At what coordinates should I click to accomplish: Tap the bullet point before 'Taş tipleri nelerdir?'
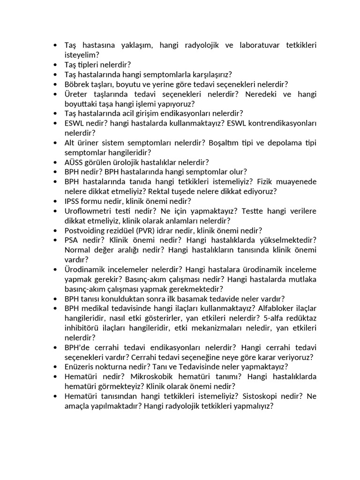pos(55,65)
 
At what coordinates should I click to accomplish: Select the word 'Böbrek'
pos(76,84)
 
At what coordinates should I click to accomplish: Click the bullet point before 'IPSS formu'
pos(55,202)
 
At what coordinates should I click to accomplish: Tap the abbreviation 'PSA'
pos(72,240)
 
